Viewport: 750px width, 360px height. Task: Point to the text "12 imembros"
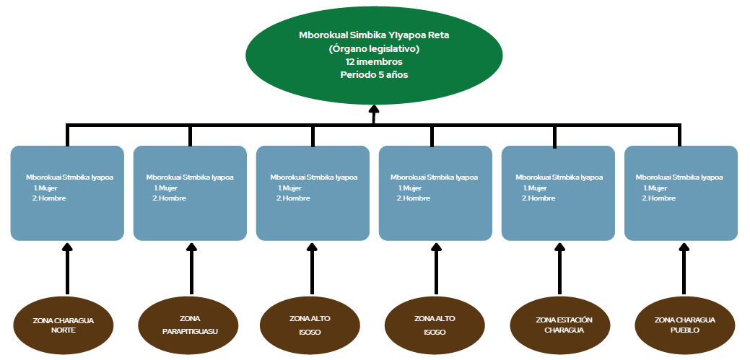[x=374, y=62]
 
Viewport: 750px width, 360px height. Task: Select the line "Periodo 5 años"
[x=374, y=74]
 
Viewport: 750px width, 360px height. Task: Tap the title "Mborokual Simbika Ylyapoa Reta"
[x=374, y=35]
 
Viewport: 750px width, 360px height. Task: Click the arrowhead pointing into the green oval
[x=374, y=110]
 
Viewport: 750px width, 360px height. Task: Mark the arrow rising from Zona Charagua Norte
[x=68, y=268]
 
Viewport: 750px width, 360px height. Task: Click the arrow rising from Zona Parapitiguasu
[x=191, y=268]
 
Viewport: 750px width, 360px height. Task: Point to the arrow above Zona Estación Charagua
[x=559, y=268]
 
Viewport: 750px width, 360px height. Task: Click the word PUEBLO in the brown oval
[x=684, y=330]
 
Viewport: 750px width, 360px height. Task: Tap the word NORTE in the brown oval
[x=64, y=330]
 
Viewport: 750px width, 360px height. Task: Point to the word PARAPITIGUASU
[x=190, y=332]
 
